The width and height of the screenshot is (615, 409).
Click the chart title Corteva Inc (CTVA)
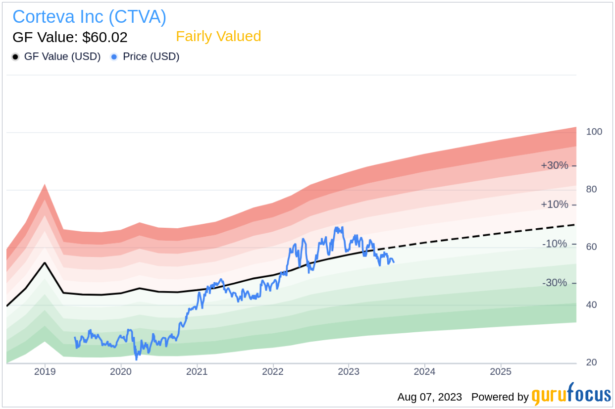[x=89, y=17]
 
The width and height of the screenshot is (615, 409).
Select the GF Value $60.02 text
[x=70, y=37]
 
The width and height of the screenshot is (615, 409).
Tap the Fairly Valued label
[x=218, y=37]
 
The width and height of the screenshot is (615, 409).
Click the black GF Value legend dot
[x=15, y=57]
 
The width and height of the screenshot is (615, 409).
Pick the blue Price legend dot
[x=114, y=57]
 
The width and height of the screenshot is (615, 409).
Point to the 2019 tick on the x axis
[x=45, y=371]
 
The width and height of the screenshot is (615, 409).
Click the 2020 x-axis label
[x=121, y=371]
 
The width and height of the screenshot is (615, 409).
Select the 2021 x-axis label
[x=197, y=371]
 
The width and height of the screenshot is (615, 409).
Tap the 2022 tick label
[x=273, y=371]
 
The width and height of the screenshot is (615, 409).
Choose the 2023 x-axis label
[x=349, y=371]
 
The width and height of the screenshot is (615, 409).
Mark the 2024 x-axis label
[x=425, y=371]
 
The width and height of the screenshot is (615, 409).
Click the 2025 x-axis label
[x=501, y=371]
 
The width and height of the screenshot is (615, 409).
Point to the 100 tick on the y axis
[x=594, y=132]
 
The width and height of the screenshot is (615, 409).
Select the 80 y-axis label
[x=591, y=189]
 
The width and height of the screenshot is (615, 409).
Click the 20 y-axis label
[x=591, y=362]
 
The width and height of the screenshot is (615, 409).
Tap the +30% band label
[x=555, y=165]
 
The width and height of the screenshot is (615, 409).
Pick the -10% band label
[x=555, y=244]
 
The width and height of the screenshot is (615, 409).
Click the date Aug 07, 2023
[x=429, y=397]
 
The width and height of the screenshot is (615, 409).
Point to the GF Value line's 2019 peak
[x=45, y=263]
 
